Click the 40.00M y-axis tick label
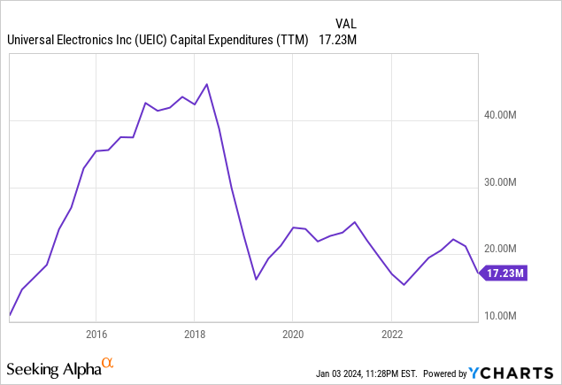[x=508, y=115]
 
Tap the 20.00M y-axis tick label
[x=508, y=250]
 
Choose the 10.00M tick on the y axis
[x=508, y=316]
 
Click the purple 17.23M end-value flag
[x=505, y=274]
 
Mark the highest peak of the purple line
[x=206, y=84]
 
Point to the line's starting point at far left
[x=9, y=314]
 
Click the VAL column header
[x=347, y=23]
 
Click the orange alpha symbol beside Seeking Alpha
[x=107, y=363]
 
